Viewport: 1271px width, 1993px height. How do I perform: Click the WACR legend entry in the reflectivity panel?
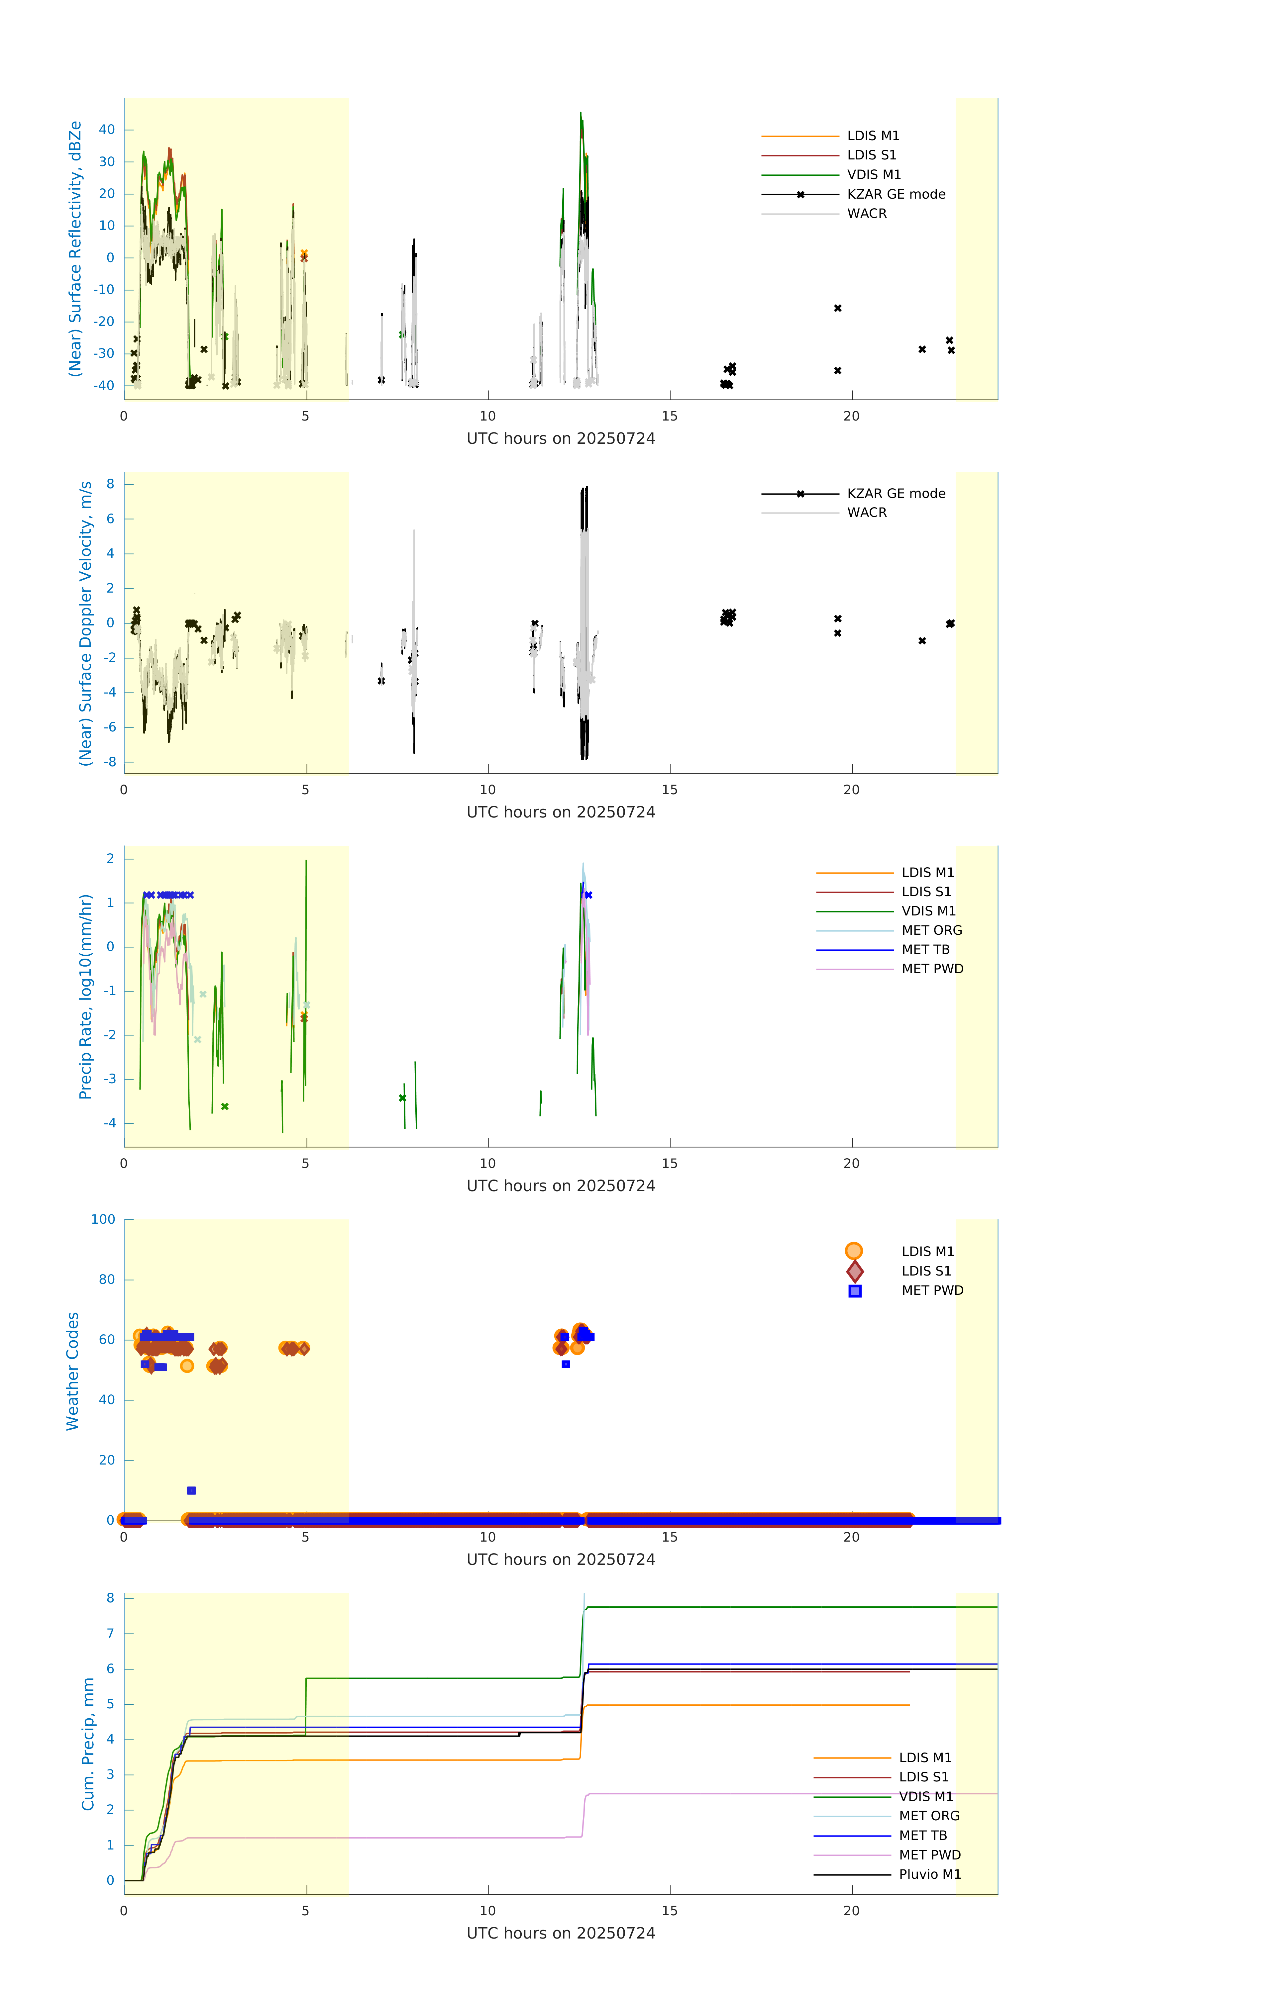click(866, 214)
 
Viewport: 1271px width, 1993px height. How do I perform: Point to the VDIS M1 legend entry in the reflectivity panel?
click(874, 175)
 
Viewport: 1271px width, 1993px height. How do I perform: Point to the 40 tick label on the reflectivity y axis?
click(107, 129)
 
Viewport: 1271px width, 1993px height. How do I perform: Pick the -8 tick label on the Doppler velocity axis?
click(109, 761)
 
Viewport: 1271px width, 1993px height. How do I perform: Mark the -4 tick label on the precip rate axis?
click(109, 1123)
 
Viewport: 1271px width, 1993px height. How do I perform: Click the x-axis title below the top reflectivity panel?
click(561, 439)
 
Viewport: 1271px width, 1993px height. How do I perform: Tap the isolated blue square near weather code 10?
click(191, 1491)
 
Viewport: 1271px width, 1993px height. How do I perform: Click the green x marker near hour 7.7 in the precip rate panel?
click(402, 1098)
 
